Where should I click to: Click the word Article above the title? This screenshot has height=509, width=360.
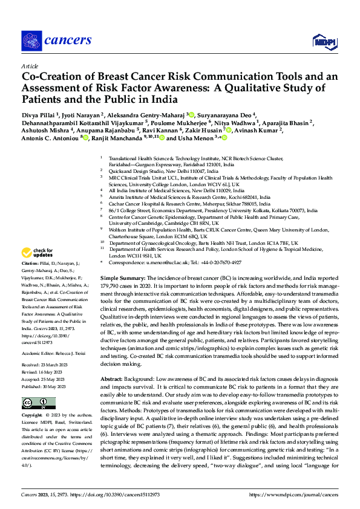pos(30,66)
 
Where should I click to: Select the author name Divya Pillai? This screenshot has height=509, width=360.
pos(39,114)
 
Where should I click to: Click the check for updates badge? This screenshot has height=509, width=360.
pos(38,253)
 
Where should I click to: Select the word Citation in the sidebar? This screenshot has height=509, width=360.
pos(30,265)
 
